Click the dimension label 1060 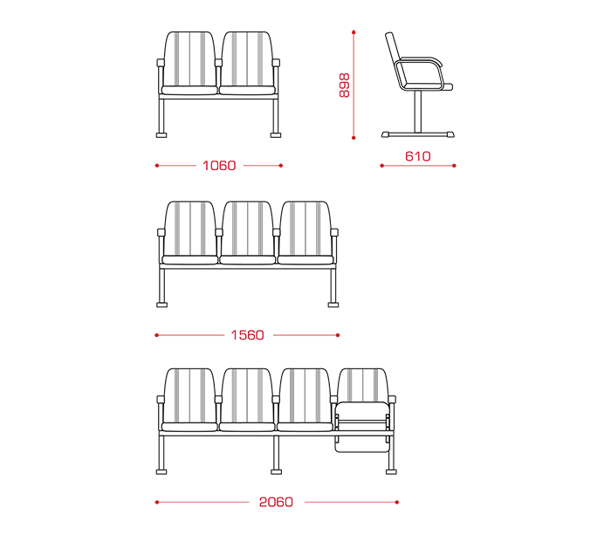pos(219,166)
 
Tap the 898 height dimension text pos(345,85)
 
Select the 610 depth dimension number pos(418,156)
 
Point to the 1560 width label pos(247,335)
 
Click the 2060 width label pos(276,502)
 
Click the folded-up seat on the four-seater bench pos(362,427)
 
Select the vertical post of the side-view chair pos(418,112)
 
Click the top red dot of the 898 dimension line pos(354,32)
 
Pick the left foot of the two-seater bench pos(161,134)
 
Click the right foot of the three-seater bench pos(333,305)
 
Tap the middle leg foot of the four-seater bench pos(277,471)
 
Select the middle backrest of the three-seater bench pos(247,229)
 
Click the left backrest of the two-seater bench pos(189,59)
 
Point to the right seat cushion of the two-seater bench pos(248,91)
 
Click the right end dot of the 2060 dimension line pos(396,502)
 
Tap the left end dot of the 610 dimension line pos(382,166)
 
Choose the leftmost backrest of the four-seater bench pos(189,396)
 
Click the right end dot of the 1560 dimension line pos(338,335)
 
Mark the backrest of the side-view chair pos(395,58)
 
